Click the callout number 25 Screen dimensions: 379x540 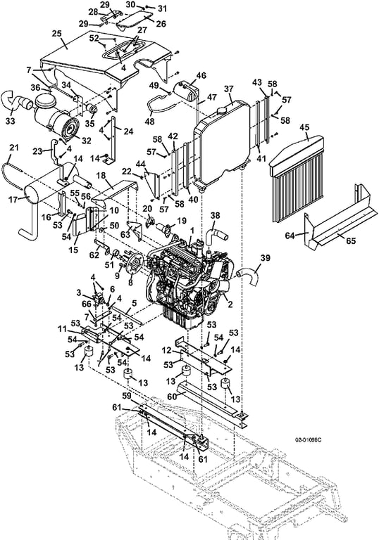click(x=57, y=34)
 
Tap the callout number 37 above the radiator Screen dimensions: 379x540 click(x=229, y=89)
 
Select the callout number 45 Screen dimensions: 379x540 click(x=304, y=127)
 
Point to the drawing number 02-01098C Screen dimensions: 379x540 click(x=306, y=440)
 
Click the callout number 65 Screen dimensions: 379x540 click(x=351, y=240)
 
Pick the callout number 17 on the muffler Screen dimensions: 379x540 click(x=13, y=199)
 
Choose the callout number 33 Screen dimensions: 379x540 click(x=11, y=121)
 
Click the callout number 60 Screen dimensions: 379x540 click(x=172, y=396)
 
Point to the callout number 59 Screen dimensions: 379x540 click(x=127, y=396)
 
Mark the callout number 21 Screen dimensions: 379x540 click(x=13, y=148)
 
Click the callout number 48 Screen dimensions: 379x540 click(x=150, y=121)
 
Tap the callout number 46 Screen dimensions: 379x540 click(x=201, y=75)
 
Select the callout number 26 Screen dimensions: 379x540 click(x=161, y=23)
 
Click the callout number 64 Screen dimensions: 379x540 click(x=291, y=236)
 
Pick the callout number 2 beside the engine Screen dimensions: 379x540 click(x=230, y=304)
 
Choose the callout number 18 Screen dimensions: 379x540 click(x=101, y=176)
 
